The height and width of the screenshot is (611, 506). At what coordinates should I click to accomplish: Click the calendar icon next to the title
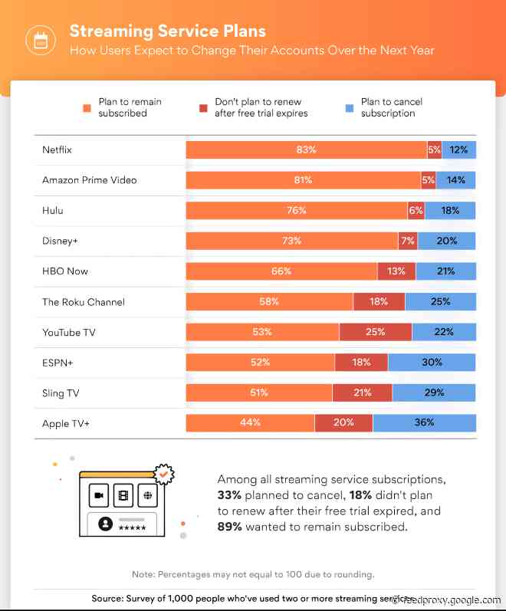[x=40, y=40]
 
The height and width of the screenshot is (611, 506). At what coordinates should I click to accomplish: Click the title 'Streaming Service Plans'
[x=168, y=31]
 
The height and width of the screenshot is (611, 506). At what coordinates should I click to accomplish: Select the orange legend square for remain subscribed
[x=88, y=108]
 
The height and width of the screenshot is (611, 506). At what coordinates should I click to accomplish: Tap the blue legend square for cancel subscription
[x=350, y=108]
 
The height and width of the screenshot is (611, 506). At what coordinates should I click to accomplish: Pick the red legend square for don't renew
[x=203, y=108]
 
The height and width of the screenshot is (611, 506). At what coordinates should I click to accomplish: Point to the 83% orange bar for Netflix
[x=306, y=149]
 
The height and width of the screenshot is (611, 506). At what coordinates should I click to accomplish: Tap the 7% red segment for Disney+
[x=408, y=241]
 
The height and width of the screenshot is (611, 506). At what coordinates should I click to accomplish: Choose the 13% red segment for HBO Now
[x=396, y=271]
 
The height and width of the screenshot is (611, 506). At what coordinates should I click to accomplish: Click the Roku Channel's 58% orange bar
[x=269, y=302]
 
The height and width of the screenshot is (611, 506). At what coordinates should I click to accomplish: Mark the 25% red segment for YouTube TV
[x=376, y=332]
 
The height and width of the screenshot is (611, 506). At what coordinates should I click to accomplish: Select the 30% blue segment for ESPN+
[x=432, y=363]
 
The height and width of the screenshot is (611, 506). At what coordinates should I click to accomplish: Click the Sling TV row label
[x=61, y=393]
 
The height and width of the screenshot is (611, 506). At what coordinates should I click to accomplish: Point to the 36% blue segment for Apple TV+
[x=424, y=422]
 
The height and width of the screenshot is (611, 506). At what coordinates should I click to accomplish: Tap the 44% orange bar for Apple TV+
[x=250, y=422]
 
